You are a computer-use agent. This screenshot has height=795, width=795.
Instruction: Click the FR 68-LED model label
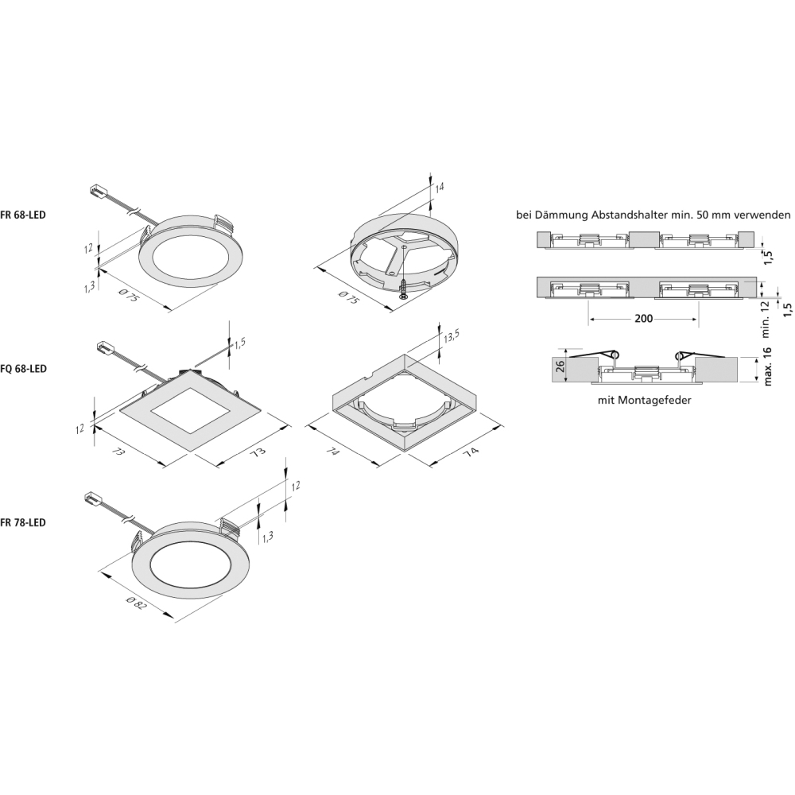tap(23, 215)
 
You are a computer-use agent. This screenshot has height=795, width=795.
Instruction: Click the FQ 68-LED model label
tap(23, 369)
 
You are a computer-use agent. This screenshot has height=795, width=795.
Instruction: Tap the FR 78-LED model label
tap(23, 523)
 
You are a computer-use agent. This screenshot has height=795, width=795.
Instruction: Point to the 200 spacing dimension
tap(643, 319)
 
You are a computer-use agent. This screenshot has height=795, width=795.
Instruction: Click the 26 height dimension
tap(560, 366)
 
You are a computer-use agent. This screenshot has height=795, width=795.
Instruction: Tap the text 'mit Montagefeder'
tap(644, 401)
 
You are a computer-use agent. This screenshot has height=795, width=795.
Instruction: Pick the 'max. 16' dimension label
tap(767, 366)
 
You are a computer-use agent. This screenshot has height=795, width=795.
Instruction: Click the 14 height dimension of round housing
tap(439, 187)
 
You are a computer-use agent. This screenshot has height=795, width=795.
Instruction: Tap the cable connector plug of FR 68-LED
tap(96, 191)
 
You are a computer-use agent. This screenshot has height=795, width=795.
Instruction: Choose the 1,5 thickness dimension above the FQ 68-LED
tap(239, 343)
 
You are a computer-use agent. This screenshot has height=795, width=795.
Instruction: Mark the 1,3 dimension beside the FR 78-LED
tap(268, 537)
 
